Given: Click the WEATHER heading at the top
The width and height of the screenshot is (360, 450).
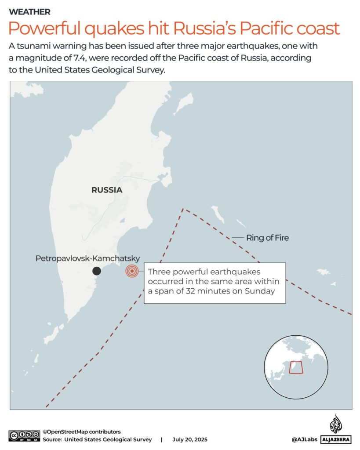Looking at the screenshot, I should click(x=29, y=12).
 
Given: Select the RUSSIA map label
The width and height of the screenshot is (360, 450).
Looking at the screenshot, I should click(x=107, y=190).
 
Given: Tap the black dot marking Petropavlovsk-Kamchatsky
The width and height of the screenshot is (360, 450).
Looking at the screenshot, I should click(x=97, y=271).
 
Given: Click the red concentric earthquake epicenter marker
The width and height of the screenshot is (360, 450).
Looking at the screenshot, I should click(x=131, y=271).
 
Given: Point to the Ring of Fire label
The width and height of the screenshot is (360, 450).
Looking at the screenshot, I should click(x=267, y=238).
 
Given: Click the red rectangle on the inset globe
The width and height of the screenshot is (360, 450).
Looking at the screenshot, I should click(x=296, y=367).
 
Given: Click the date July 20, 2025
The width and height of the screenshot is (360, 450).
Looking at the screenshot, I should click(x=190, y=439).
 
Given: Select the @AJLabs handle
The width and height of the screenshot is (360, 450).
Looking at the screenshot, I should click(x=304, y=439).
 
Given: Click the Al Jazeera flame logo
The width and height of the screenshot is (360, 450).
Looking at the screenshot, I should click(x=336, y=424).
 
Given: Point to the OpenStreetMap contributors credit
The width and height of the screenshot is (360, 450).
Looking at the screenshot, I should click(x=81, y=432).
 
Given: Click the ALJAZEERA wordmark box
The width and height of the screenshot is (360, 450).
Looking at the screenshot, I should click(x=336, y=439).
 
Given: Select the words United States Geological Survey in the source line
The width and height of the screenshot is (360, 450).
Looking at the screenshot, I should click(x=108, y=439).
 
